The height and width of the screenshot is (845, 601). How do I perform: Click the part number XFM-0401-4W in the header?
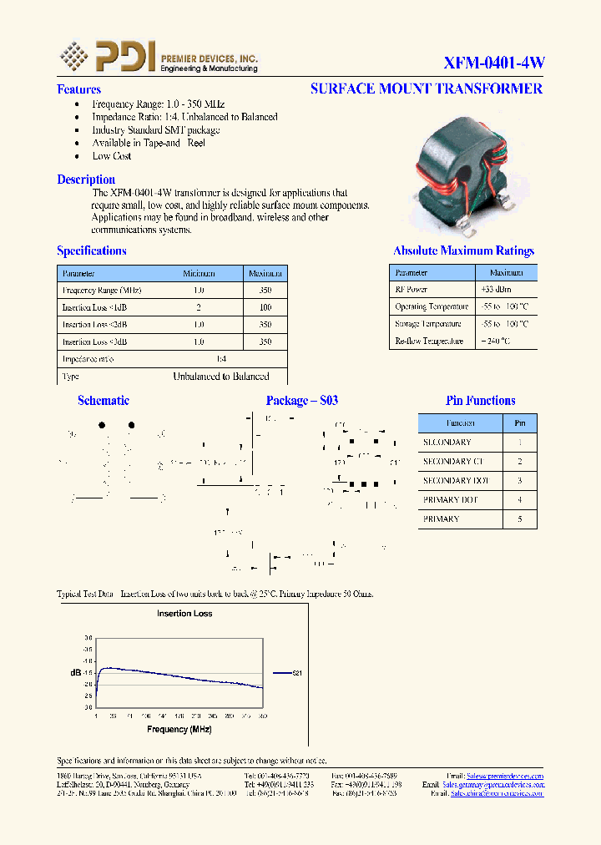tap(493, 63)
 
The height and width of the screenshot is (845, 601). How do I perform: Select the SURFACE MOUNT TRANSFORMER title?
tap(426, 89)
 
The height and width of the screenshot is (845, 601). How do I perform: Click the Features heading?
tap(78, 89)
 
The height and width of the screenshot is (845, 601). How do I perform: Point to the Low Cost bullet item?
tap(112, 156)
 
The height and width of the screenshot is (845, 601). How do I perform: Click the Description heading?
tap(86, 180)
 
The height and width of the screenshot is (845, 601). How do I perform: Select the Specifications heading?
tap(92, 250)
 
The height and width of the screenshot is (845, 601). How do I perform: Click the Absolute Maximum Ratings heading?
tap(463, 250)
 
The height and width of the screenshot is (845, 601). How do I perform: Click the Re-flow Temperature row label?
tap(429, 341)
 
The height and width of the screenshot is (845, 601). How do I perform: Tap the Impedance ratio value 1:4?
tap(221, 359)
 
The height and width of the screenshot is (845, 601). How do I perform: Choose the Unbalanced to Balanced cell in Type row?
tap(221, 377)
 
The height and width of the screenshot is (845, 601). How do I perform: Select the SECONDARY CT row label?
tap(452, 462)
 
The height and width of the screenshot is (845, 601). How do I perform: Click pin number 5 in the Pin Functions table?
tap(520, 519)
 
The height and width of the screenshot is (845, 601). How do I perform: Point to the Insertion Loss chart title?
tap(184, 614)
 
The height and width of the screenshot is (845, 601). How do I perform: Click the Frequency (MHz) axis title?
tap(179, 729)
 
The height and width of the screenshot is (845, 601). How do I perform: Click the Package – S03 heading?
tap(302, 401)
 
